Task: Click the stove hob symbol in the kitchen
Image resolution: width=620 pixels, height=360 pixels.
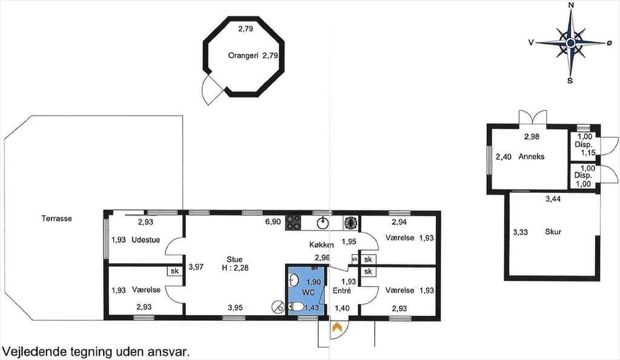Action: click(x=293, y=223)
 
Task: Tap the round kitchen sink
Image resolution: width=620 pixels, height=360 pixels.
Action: click(x=323, y=223)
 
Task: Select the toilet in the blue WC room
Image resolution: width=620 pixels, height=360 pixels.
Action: click(x=295, y=307)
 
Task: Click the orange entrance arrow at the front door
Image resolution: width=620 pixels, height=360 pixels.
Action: click(x=337, y=327)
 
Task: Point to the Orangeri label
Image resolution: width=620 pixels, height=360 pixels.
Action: click(x=243, y=56)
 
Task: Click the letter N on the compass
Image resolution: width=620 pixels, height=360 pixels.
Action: click(x=570, y=5)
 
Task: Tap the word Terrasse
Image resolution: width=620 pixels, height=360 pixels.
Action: click(x=56, y=218)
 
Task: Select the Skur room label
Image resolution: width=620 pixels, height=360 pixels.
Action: click(x=553, y=232)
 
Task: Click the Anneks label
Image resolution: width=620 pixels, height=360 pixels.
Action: click(x=532, y=157)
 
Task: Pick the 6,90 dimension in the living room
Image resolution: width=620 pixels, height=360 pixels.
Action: click(x=273, y=221)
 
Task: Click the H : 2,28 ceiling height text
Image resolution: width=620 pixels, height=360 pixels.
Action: click(x=235, y=267)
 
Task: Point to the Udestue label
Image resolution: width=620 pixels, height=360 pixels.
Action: click(x=146, y=240)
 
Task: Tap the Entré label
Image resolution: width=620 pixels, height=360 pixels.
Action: click(x=342, y=290)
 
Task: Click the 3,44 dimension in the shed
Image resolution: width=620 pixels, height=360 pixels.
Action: click(x=553, y=199)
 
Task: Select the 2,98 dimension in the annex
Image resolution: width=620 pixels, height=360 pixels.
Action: click(x=532, y=137)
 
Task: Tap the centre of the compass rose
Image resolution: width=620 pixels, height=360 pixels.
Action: click(x=570, y=43)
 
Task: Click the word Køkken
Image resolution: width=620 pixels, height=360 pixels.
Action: click(x=322, y=245)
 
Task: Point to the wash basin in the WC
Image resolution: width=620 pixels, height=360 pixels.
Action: click(x=292, y=281)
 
